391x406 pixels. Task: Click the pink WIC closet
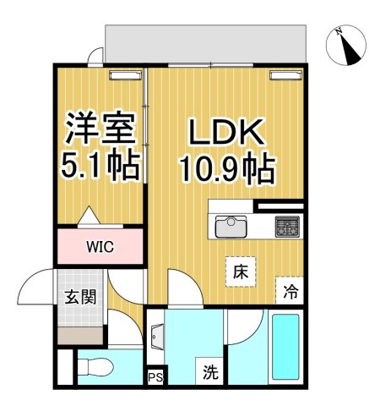[100, 247]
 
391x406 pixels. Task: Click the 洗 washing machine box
[209, 370]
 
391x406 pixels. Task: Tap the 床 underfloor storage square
[240, 272]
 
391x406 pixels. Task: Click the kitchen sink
[229, 228]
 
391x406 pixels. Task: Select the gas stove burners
[287, 226]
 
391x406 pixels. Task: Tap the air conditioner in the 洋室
[123, 75]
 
